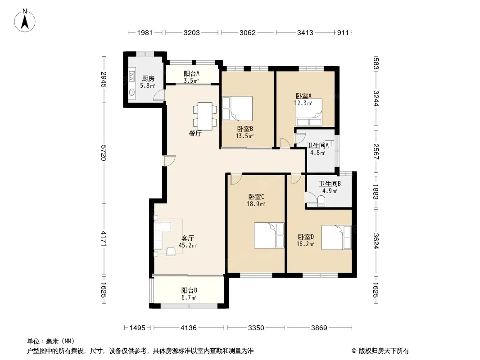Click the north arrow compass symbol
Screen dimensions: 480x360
click(x=25, y=20)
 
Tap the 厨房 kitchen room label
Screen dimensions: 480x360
click(x=148, y=79)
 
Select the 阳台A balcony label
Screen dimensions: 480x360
click(x=191, y=74)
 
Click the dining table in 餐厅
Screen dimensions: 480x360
click(x=205, y=116)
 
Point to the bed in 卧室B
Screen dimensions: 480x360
click(x=237, y=108)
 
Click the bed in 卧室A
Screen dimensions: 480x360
click(x=309, y=112)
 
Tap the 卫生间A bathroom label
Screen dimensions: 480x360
click(x=317, y=146)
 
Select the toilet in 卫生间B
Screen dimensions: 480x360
click(x=321, y=201)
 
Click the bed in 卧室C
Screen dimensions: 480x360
click(x=269, y=235)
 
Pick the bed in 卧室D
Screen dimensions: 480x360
click(x=336, y=238)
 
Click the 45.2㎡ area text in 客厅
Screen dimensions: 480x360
click(x=188, y=245)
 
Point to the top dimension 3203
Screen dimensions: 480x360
click(x=192, y=33)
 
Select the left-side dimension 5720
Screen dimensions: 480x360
click(x=104, y=153)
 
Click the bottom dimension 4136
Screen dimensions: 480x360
click(x=189, y=328)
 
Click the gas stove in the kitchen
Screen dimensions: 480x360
click(x=131, y=76)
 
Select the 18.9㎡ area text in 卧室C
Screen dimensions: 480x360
click(x=256, y=204)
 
